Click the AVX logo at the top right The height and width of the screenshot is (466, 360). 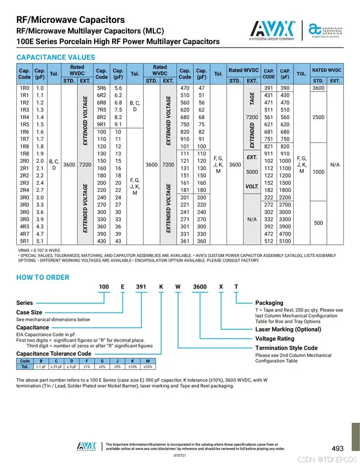[x=272, y=29]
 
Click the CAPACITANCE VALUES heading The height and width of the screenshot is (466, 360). [x=56, y=57]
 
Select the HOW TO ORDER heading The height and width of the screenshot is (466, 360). [x=43, y=277]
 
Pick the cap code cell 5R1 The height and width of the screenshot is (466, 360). [x=24, y=241]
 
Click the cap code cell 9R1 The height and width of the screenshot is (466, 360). [x=102, y=124]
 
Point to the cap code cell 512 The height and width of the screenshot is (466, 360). [x=268, y=241]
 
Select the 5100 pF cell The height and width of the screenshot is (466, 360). [x=285, y=241]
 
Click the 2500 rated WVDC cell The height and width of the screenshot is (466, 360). [x=319, y=117]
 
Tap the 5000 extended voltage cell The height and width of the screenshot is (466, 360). [x=252, y=171]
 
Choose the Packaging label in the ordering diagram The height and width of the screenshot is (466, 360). [x=269, y=303]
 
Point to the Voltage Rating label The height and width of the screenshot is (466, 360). [x=275, y=338]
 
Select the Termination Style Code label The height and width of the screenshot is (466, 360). [x=286, y=348]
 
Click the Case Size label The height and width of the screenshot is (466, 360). [x=29, y=312]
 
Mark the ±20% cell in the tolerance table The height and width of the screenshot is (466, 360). [x=148, y=367]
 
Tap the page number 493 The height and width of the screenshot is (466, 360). [x=337, y=448]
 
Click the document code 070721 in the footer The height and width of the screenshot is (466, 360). [x=180, y=455]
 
